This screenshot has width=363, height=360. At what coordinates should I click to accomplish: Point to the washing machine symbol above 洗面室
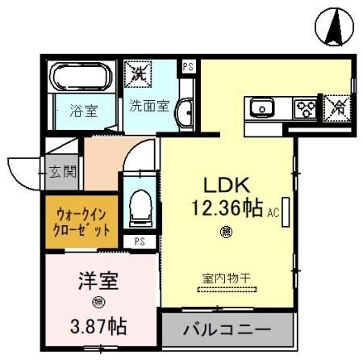point(136,74)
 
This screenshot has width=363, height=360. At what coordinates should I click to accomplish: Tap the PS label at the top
point(188,67)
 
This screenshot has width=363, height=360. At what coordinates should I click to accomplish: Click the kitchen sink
point(263,107)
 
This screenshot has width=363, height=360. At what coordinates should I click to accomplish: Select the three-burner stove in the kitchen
point(305,107)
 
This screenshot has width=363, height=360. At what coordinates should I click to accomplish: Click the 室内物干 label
point(226,278)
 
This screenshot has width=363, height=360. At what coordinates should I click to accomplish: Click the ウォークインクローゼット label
point(82,220)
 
